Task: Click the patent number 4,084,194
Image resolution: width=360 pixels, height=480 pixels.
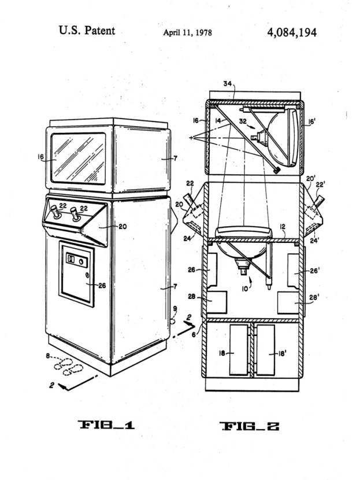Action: pos(292,32)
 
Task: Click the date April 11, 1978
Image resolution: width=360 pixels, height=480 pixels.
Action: pos(187,32)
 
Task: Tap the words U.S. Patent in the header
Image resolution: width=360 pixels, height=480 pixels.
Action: pos(87,31)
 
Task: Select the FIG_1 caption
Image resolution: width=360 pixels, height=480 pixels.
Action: pos(106,425)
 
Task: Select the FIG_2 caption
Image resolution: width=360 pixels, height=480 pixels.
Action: pos(249,426)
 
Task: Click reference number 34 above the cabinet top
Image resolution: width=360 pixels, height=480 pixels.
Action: pos(227,83)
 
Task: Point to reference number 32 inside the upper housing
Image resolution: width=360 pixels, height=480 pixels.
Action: pos(243,121)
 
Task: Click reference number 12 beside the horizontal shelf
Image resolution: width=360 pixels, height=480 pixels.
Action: pos(283,227)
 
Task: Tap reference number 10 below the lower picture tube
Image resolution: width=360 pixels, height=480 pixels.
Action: pos(244,289)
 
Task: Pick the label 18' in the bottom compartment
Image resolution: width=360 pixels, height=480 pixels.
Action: pos(281,353)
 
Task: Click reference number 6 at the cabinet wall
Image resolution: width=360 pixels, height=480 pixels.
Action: pos(194,335)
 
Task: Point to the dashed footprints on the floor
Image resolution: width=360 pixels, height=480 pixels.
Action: pos(68,366)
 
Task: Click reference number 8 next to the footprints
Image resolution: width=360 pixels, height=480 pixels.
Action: pos(48,356)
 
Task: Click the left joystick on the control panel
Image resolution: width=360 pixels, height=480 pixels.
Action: pos(55,212)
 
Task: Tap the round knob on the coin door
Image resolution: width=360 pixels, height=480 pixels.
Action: pos(81,262)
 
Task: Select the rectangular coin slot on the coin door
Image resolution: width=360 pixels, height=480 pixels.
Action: pos(70,259)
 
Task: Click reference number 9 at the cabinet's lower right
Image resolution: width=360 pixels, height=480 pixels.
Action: pos(175,309)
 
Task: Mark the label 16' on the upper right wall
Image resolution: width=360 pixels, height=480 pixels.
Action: pos(311,121)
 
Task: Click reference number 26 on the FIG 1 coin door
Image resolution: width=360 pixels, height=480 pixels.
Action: pos(102,285)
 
